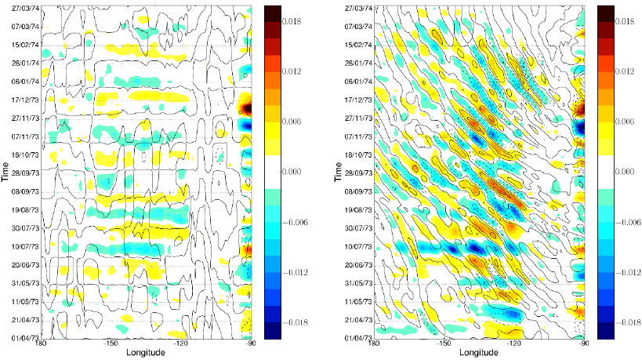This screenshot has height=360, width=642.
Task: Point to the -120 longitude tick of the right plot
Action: [x=514, y=344]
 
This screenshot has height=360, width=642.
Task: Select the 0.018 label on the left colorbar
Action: [x=293, y=23]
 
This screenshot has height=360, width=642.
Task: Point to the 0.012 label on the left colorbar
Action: [x=293, y=72]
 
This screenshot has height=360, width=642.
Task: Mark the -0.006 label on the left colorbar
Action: [x=295, y=222]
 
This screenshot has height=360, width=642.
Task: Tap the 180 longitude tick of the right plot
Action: [x=374, y=344]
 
